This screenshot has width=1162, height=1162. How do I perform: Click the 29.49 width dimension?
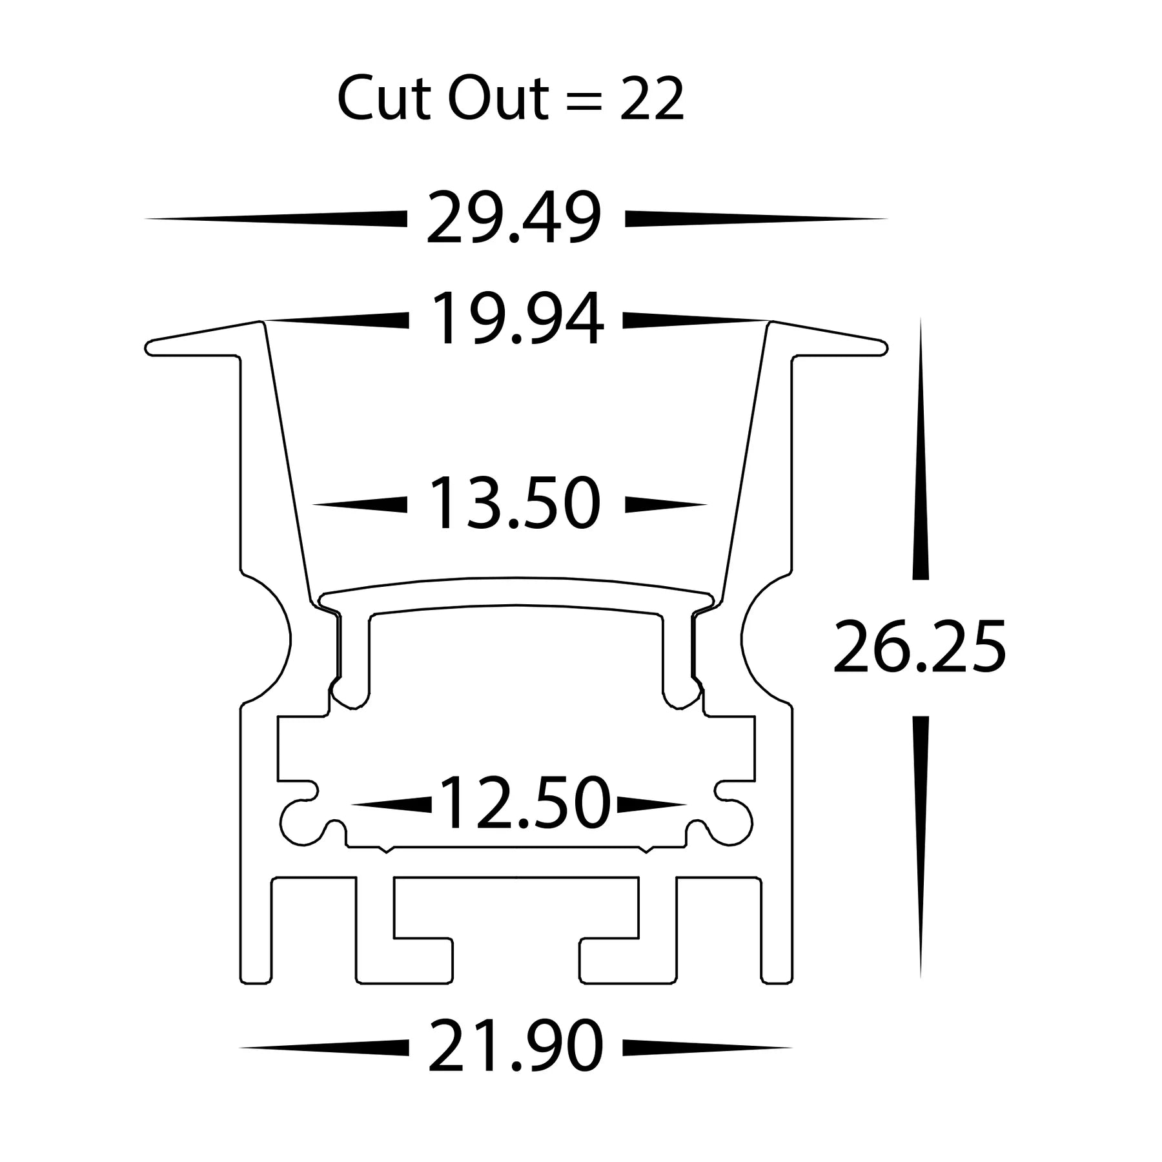point(513,218)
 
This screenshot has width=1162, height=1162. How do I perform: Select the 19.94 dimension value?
point(516,320)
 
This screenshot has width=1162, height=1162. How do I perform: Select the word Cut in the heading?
point(384,99)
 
